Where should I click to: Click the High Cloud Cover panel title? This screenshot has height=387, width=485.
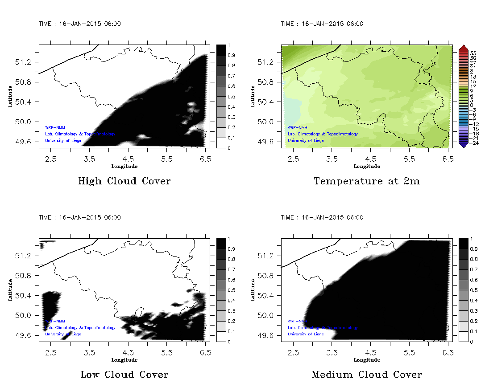(124, 181)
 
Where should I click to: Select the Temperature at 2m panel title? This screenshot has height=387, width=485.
(367, 181)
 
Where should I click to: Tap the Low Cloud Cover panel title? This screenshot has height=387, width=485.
(124, 375)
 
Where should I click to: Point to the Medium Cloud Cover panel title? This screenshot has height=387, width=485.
(367, 375)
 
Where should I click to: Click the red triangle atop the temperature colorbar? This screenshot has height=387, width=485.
(463, 47)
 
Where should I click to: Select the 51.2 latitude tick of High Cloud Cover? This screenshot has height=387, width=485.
(27, 62)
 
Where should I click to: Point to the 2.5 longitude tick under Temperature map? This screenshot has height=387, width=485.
(293, 159)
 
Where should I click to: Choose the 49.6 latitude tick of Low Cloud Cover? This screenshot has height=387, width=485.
(27, 335)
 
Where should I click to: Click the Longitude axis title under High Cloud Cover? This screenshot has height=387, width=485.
(124, 166)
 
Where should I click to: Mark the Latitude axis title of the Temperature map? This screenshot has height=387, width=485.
(253, 96)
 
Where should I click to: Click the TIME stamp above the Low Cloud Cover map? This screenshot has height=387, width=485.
(79, 217)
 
